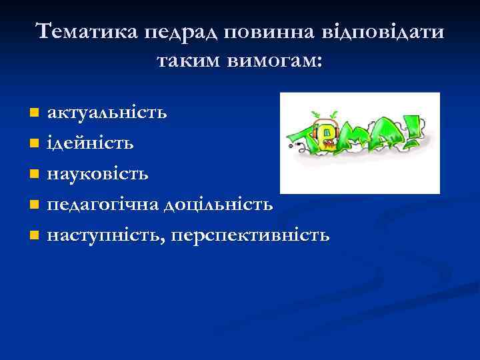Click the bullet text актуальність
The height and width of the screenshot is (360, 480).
coord(107,112)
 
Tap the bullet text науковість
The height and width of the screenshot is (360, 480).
coord(97,173)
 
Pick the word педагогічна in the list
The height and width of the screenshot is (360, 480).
coord(100,204)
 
